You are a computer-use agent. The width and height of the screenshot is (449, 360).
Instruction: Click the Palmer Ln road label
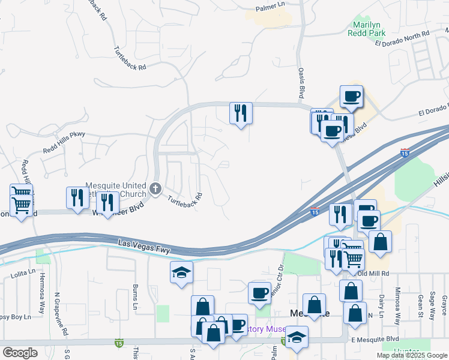coord(270,7)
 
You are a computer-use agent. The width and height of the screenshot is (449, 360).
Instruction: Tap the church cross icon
coord(155,190)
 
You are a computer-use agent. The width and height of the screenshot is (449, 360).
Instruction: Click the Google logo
coord(20,353)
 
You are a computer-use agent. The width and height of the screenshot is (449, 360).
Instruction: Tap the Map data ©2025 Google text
coord(412,355)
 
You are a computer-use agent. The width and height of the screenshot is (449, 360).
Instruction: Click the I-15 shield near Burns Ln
coord(119,343)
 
